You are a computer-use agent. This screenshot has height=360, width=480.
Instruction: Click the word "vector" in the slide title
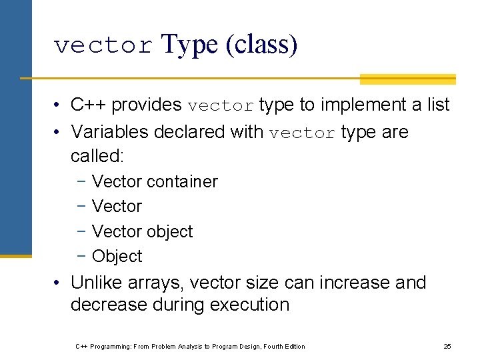[x=103, y=46]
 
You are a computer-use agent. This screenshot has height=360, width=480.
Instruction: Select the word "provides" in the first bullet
[x=147, y=105]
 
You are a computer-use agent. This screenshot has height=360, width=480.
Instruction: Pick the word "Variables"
[x=110, y=132]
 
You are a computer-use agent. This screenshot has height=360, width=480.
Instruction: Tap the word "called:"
[x=97, y=155]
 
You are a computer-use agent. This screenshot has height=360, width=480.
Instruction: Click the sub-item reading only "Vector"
[x=117, y=207]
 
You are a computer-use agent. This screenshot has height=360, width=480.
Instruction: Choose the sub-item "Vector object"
[x=142, y=231]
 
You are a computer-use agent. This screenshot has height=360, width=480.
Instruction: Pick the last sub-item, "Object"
[x=117, y=256]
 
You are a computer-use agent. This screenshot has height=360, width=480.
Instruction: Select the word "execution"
[x=249, y=305]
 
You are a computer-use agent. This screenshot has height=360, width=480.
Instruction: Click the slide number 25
[x=447, y=346]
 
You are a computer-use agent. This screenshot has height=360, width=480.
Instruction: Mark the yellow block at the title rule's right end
[x=407, y=79]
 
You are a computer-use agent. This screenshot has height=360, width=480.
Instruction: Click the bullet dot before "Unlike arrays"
[x=59, y=283]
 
